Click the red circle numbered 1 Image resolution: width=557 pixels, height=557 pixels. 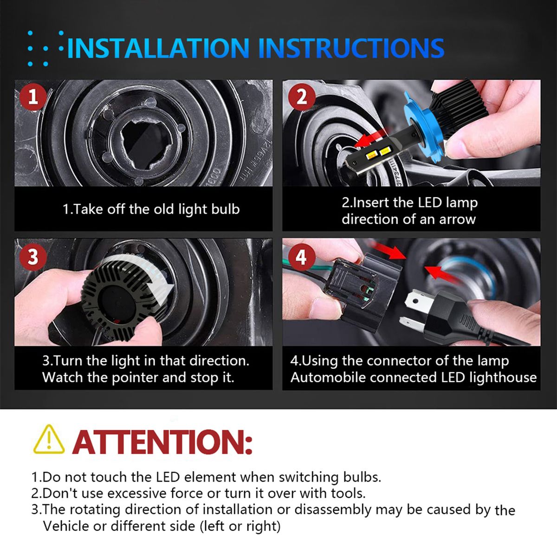click(x=33, y=97)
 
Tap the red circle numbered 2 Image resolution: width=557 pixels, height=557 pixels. click(x=302, y=97)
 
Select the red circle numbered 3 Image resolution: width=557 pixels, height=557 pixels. click(x=33, y=257)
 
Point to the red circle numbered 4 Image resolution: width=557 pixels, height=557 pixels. click(x=302, y=257)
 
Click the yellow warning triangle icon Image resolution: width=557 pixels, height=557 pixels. click(x=49, y=440)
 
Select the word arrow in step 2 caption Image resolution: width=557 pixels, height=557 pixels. click(x=457, y=220)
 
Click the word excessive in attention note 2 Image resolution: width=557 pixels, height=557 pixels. click(x=137, y=494)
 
